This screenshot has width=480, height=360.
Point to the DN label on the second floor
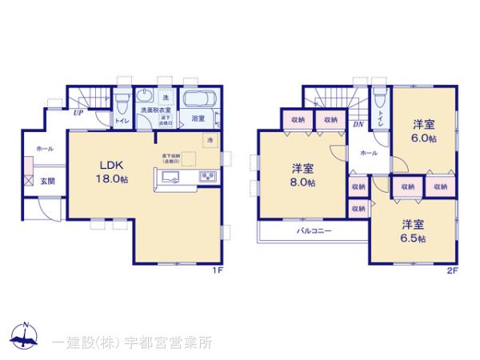pos(358,126)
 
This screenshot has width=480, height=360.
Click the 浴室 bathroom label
pos(197,118)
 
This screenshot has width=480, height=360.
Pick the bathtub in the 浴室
pos(197,101)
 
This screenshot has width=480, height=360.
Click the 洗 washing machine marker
pos(155,97)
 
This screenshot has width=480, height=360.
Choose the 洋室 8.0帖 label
pos(302,175)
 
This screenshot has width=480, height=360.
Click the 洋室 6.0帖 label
pos(424,131)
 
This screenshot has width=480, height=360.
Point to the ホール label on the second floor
pos(369,152)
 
